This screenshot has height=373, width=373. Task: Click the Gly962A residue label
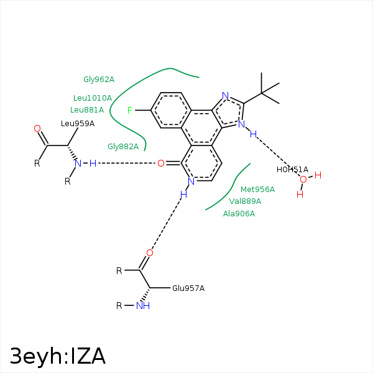99,80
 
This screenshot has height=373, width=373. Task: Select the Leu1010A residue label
93,98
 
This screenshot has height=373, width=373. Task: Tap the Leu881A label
87,110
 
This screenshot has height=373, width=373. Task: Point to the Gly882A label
123,147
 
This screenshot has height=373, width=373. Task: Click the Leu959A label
78,124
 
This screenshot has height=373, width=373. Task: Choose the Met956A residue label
257,190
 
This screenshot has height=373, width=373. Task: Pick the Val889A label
245,201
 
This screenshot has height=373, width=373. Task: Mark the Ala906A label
239,214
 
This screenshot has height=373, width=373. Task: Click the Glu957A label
188,288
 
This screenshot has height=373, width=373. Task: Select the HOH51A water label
292,170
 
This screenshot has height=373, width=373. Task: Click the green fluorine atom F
130,111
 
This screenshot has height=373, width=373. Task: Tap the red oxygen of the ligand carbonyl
160,163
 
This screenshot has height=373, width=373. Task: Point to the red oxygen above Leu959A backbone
37,129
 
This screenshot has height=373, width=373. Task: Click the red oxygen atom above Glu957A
149,253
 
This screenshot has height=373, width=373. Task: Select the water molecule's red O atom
303,180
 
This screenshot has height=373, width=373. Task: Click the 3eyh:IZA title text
57,356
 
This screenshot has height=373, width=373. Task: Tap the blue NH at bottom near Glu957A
142,306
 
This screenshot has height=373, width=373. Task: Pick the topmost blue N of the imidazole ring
226,96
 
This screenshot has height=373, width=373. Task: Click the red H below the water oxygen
300,194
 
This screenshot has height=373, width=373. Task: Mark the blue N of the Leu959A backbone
78,163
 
